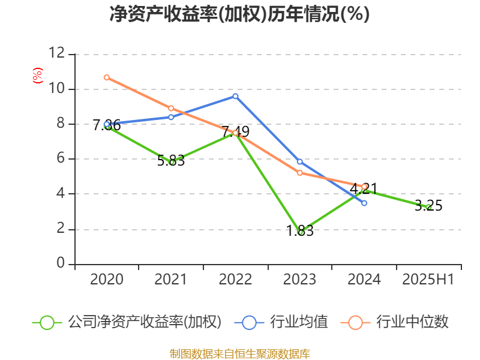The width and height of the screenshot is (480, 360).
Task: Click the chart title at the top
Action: (239, 14)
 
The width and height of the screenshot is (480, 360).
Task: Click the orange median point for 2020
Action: (107, 77)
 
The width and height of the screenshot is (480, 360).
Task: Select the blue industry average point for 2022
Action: (235, 96)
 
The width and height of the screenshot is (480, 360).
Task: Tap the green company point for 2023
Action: (300, 232)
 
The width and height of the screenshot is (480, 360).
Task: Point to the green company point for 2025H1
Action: (428, 207)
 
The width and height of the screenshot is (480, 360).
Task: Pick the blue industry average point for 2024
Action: (364, 203)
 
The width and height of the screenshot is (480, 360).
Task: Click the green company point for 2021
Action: (172, 162)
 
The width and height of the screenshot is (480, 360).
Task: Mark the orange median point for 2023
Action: (300, 173)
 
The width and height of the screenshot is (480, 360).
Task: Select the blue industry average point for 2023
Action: (300, 162)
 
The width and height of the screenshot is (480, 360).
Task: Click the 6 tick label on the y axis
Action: (60, 159)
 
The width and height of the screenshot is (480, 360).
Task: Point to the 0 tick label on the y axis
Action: (60, 264)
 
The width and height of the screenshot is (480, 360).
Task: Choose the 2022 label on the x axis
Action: (235, 280)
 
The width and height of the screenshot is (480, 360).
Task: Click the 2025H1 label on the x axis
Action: (428, 280)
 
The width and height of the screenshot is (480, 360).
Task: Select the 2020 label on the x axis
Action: (107, 280)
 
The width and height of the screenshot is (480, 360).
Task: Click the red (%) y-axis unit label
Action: (37, 76)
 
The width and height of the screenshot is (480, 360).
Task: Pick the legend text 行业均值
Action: (299, 322)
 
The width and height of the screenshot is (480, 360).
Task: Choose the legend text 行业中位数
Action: (412, 322)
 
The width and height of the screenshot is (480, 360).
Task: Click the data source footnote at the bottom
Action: (239, 353)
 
